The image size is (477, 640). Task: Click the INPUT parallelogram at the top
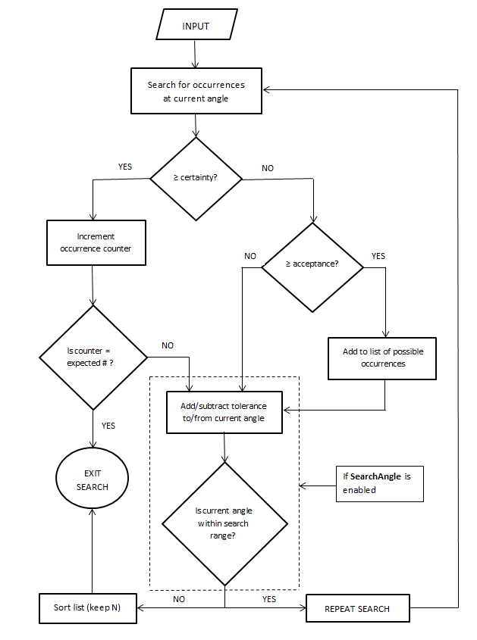[196, 26]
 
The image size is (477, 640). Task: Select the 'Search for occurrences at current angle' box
[196, 92]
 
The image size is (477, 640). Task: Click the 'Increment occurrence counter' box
[96, 242]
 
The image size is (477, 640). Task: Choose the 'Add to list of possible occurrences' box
[383, 357]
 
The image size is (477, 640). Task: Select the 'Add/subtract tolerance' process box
[224, 412]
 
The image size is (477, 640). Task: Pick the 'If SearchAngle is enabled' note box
[379, 483]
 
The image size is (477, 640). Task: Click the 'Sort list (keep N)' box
[88, 608]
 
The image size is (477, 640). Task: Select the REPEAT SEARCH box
[357, 608]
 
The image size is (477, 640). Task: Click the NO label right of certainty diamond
[268, 168]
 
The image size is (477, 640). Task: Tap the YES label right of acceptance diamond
[378, 256]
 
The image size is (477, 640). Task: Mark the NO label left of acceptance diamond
[250, 256]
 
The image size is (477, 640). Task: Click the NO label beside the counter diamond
[168, 345]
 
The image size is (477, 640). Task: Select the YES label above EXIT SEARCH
[108, 426]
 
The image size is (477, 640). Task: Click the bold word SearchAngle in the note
[375, 477]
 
